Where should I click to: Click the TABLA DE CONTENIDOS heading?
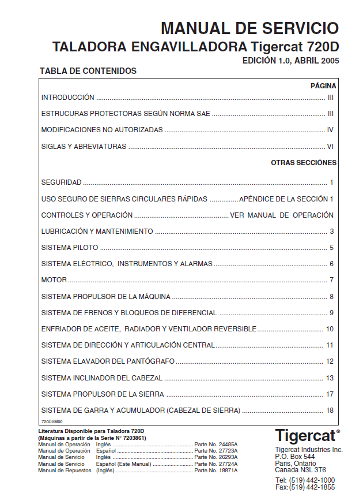(88, 71)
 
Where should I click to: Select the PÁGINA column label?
(323, 85)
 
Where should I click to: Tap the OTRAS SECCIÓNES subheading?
(304, 163)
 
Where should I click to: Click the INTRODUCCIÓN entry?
(67, 98)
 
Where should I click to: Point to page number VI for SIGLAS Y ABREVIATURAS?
(330, 147)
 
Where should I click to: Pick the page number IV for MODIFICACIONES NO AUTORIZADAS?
(330, 130)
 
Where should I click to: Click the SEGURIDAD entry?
(61, 182)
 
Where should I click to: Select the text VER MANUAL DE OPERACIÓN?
(282, 215)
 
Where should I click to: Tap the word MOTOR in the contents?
(54, 280)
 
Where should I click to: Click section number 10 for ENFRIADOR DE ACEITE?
(330, 329)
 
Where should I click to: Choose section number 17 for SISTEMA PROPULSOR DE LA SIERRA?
(330, 394)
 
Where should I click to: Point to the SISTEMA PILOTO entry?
(70, 248)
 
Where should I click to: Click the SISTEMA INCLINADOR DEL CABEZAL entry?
(101, 378)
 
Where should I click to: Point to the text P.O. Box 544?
(295, 456)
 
